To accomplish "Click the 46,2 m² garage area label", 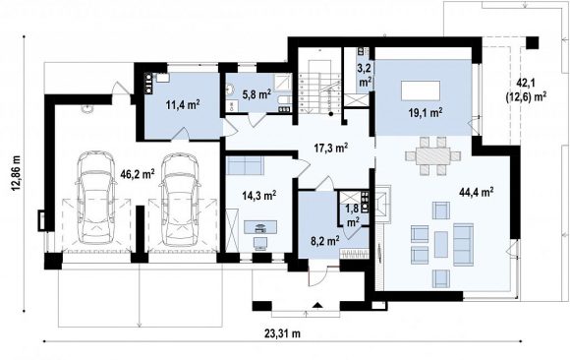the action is [138, 174].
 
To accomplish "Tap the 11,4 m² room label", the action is [183, 105].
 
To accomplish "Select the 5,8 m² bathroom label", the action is [256, 94].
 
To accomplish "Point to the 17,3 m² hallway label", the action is [331, 148].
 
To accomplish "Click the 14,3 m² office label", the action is [259, 195].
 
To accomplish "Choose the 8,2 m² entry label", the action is [325, 240].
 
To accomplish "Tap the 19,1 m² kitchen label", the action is [425, 113].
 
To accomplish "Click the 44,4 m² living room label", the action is [477, 192].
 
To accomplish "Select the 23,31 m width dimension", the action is [282, 333].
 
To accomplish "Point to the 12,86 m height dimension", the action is [16, 173].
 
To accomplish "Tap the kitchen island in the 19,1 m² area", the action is [421, 90].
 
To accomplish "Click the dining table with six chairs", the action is [433, 156].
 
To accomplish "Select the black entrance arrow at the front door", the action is [317, 305].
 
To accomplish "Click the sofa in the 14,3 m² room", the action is [245, 165].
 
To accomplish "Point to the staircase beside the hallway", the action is [320, 91].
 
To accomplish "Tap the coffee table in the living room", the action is [441, 244].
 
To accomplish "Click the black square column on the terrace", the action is [533, 42].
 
